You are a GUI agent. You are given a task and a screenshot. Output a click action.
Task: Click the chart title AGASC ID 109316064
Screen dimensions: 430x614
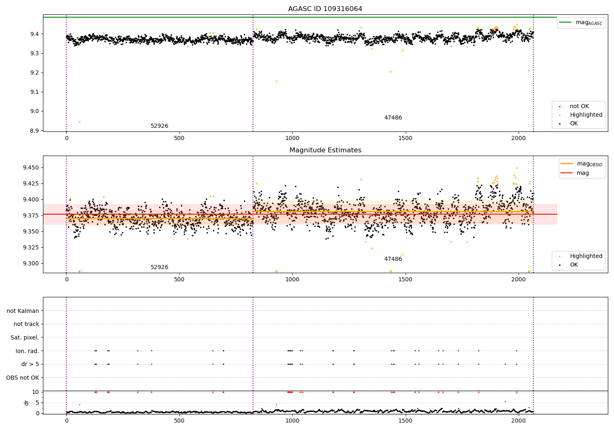coord(325,9)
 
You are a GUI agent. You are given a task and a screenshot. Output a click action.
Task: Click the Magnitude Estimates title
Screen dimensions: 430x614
coord(325,150)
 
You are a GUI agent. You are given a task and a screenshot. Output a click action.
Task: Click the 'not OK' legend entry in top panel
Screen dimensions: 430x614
coord(579,106)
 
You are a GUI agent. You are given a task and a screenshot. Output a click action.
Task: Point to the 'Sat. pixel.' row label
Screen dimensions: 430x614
coord(25,337)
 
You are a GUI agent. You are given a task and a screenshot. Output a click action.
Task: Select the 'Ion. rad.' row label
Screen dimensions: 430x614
coord(27,351)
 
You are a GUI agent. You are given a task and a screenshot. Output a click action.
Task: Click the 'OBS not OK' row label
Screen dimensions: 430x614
coord(23,378)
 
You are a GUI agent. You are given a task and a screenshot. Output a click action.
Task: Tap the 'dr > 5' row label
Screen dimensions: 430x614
coord(30,364)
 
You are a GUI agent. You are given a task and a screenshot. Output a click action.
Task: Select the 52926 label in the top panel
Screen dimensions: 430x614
coord(159,126)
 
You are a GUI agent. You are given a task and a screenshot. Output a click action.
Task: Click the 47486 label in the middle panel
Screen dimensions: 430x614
coord(393,259)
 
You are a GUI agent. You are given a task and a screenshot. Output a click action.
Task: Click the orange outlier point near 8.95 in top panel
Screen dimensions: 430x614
coord(79,122)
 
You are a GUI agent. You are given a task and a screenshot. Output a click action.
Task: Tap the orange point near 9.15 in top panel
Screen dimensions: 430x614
coord(276,81)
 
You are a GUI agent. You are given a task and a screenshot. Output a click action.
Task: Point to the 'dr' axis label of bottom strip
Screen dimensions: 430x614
coord(27,403)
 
